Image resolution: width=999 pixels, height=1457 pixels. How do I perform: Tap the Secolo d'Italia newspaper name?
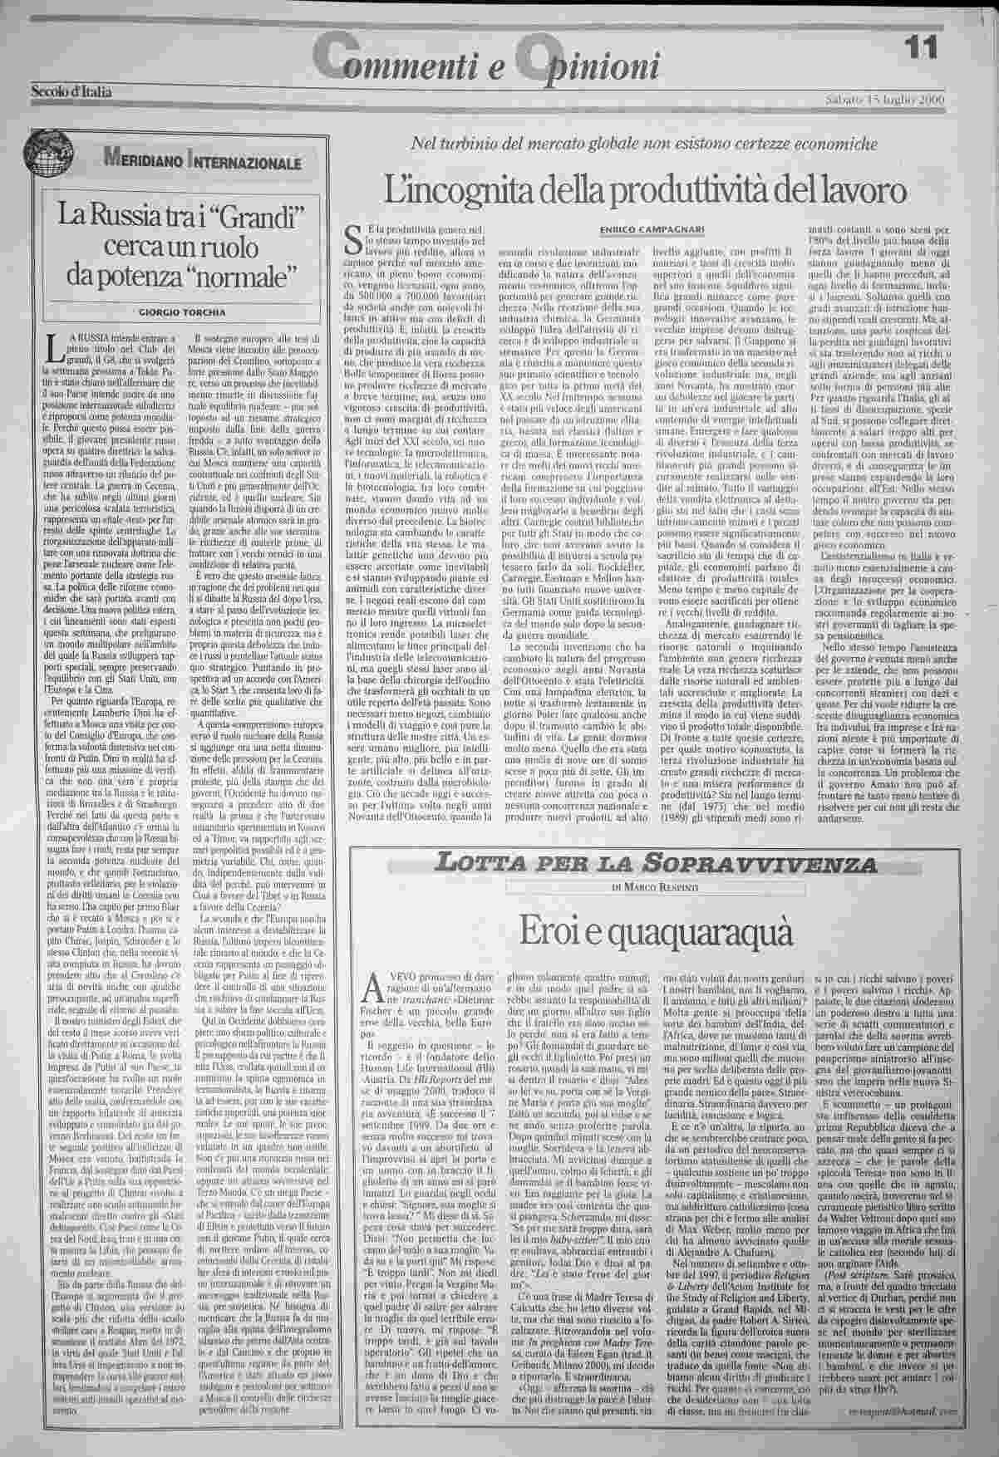pos(71,91)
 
